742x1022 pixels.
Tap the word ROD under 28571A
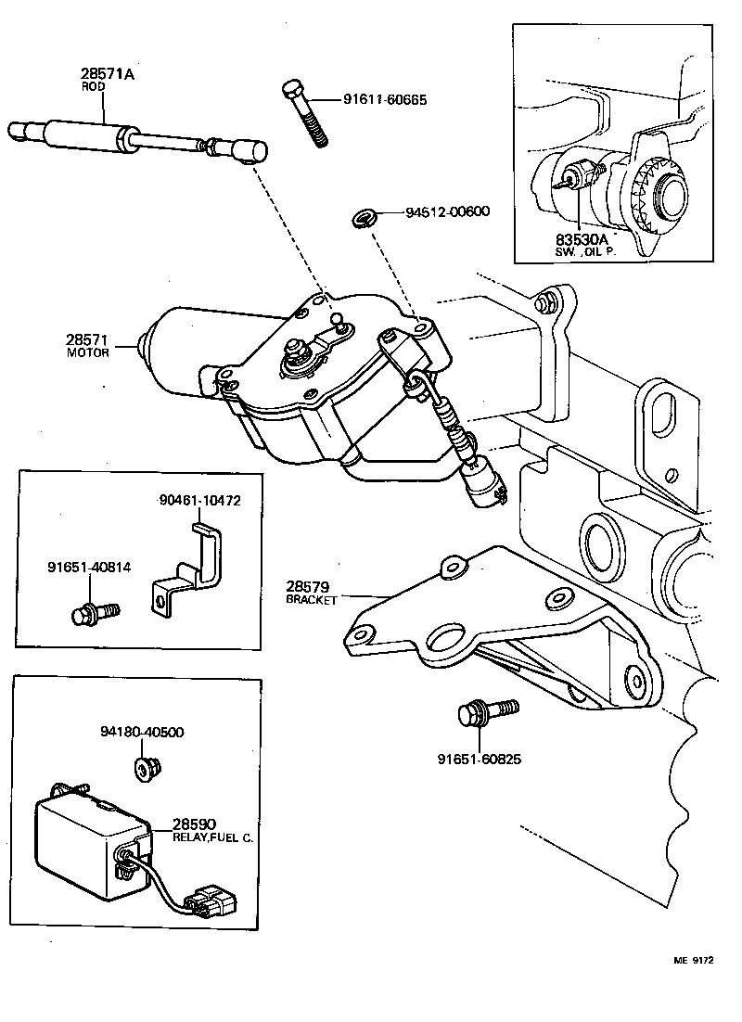pyautogui.click(x=94, y=86)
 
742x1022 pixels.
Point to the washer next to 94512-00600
pyautogui.click(x=363, y=220)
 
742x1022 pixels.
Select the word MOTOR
pyautogui.click(x=89, y=352)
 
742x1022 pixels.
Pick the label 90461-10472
pyautogui.click(x=199, y=500)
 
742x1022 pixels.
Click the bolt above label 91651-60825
pyautogui.click(x=479, y=713)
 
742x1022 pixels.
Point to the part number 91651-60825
pyautogui.click(x=479, y=759)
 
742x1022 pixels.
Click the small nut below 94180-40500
pyautogui.click(x=143, y=768)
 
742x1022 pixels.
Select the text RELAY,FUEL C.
pyautogui.click(x=212, y=837)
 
